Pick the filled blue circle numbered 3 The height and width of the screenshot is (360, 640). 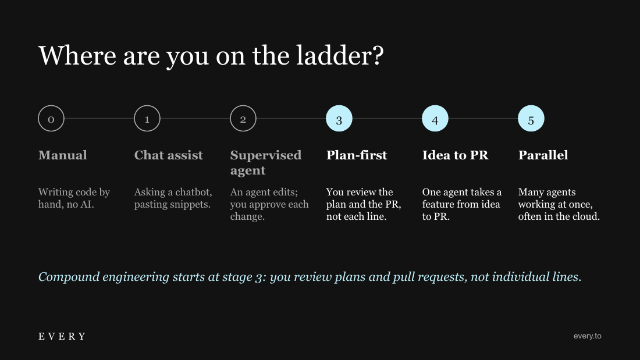[339, 119]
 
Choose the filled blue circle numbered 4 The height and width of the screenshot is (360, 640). [435, 119]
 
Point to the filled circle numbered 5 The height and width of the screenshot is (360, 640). [531, 119]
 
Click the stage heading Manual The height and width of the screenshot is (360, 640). [62, 155]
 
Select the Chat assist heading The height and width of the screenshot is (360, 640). [169, 155]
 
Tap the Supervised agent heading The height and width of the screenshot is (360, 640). [266, 162]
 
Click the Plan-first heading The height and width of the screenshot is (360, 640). [356, 155]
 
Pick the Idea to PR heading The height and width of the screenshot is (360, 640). [455, 155]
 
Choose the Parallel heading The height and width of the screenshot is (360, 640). [543, 155]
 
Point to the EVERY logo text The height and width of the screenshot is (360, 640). [62, 336]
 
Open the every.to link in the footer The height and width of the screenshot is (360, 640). [588, 336]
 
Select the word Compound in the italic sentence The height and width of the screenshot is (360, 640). [69, 277]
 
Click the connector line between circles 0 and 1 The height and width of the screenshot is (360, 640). [99, 119]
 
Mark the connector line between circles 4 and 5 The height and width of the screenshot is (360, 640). [483, 119]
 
